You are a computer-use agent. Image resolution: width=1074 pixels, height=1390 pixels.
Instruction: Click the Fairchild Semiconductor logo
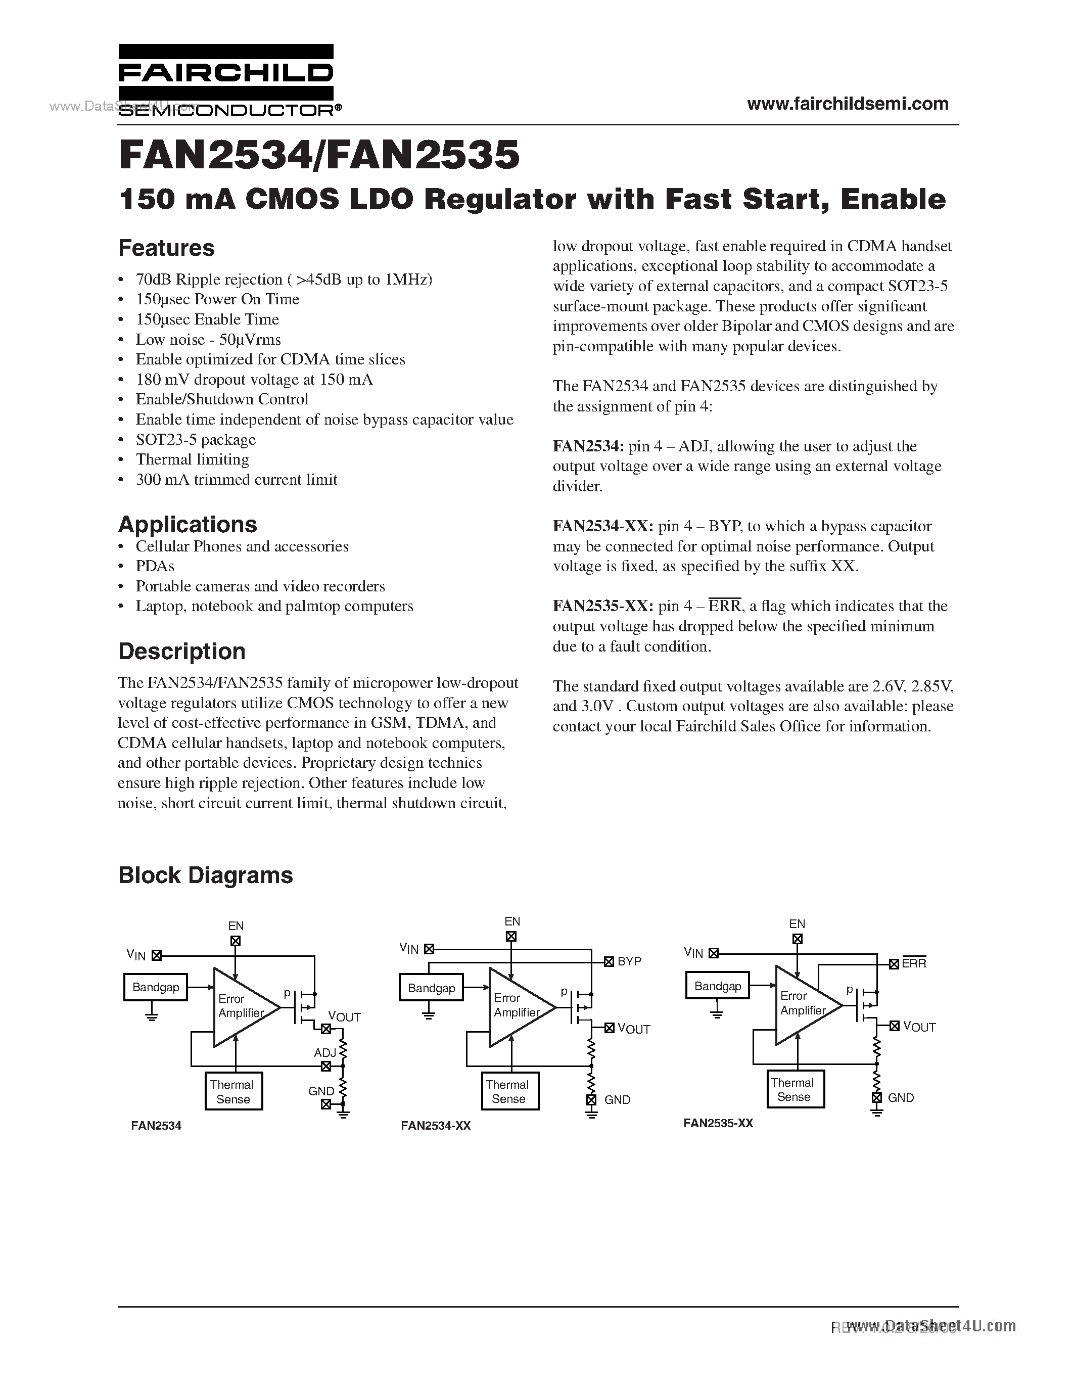tap(226, 80)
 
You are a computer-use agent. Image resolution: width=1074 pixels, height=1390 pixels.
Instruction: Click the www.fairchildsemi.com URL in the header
tap(848, 104)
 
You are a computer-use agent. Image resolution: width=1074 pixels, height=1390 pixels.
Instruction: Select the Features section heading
tap(166, 248)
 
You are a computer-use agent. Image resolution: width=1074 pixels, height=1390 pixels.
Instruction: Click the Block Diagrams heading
tap(206, 875)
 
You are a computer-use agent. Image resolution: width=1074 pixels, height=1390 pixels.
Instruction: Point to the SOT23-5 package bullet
tap(195, 440)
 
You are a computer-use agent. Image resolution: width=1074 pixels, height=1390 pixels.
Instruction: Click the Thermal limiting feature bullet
tap(192, 459)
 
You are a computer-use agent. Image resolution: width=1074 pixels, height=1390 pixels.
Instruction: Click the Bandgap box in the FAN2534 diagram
tap(155, 987)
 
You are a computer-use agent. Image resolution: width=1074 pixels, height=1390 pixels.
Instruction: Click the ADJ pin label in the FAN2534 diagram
tap(325, 1053)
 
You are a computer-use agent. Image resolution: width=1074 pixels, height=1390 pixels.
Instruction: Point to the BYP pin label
tap(629, 961)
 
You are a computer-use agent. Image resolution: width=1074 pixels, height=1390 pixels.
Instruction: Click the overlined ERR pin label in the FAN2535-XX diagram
tap(914, 963)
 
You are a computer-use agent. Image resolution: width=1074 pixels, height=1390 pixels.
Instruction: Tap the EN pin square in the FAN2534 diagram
tap(236, 941)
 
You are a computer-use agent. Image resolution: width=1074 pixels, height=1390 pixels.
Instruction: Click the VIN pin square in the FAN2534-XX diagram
tap(429, 949)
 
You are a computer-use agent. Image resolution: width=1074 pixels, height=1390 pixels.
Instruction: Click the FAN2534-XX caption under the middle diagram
tap(436, 1126)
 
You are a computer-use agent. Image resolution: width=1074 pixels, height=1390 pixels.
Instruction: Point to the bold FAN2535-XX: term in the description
tap(602, 607)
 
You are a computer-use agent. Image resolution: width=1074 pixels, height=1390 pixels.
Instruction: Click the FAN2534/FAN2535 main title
tap(319, 155)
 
